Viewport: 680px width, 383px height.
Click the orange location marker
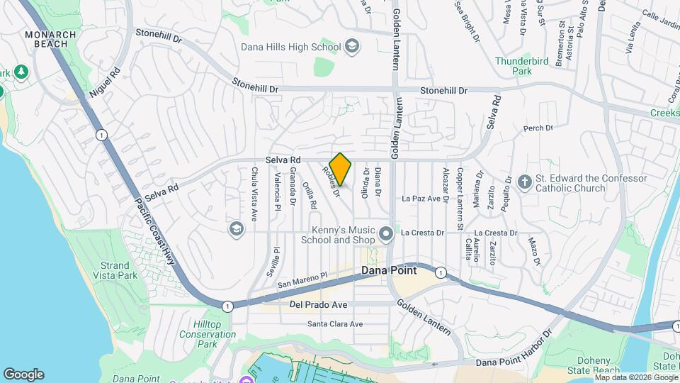click(x=341, y=170)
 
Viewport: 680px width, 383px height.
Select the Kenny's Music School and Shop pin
click(x=386, y=233)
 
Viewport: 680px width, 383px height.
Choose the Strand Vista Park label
click(x=115, y=269)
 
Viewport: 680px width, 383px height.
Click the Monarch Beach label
click(x=46, y=39)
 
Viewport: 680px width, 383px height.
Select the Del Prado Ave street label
click(x=318, y=305)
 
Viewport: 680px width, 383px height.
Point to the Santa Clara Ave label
click(x=335, y=324)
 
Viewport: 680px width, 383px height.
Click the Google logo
click(x=23, y=374)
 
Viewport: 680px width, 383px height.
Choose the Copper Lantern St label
click(x=460, y=189)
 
